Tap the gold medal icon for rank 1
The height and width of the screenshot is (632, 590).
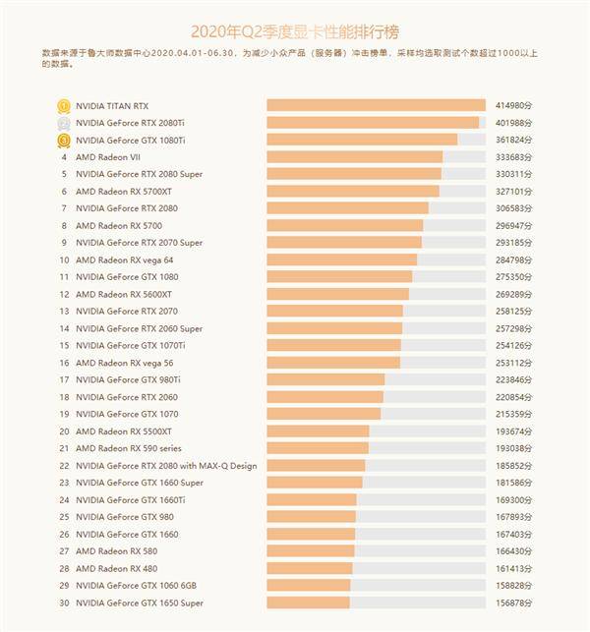pos(64,105)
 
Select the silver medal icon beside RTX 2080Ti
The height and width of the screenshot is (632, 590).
pos(64,123)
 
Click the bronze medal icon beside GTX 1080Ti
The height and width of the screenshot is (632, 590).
pos(64,141)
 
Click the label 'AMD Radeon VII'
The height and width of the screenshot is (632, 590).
pos(109,157)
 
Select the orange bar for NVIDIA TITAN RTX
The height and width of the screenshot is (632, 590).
pos(376,105)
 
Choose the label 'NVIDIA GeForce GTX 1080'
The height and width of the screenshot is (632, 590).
pos(125,277)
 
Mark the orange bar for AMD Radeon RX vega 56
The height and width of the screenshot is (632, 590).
pos(332,363)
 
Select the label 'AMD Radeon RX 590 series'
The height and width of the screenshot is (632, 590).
pos(130,448)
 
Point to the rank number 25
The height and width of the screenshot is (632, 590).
pos(64,517)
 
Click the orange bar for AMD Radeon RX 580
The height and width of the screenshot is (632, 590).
pos(310,551)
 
